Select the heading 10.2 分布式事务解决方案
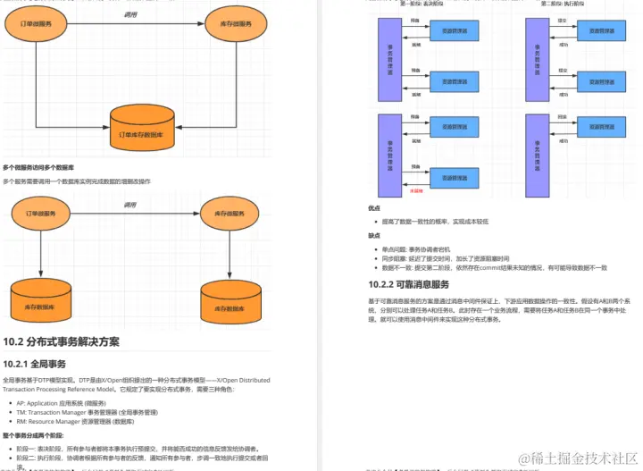(61, 341)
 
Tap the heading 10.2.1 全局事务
(35, 364)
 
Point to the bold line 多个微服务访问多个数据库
(38, 167)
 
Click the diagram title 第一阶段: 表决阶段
(423, 4)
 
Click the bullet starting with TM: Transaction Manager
(87, 412)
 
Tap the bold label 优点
(374, 208)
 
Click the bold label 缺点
(374, 236)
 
